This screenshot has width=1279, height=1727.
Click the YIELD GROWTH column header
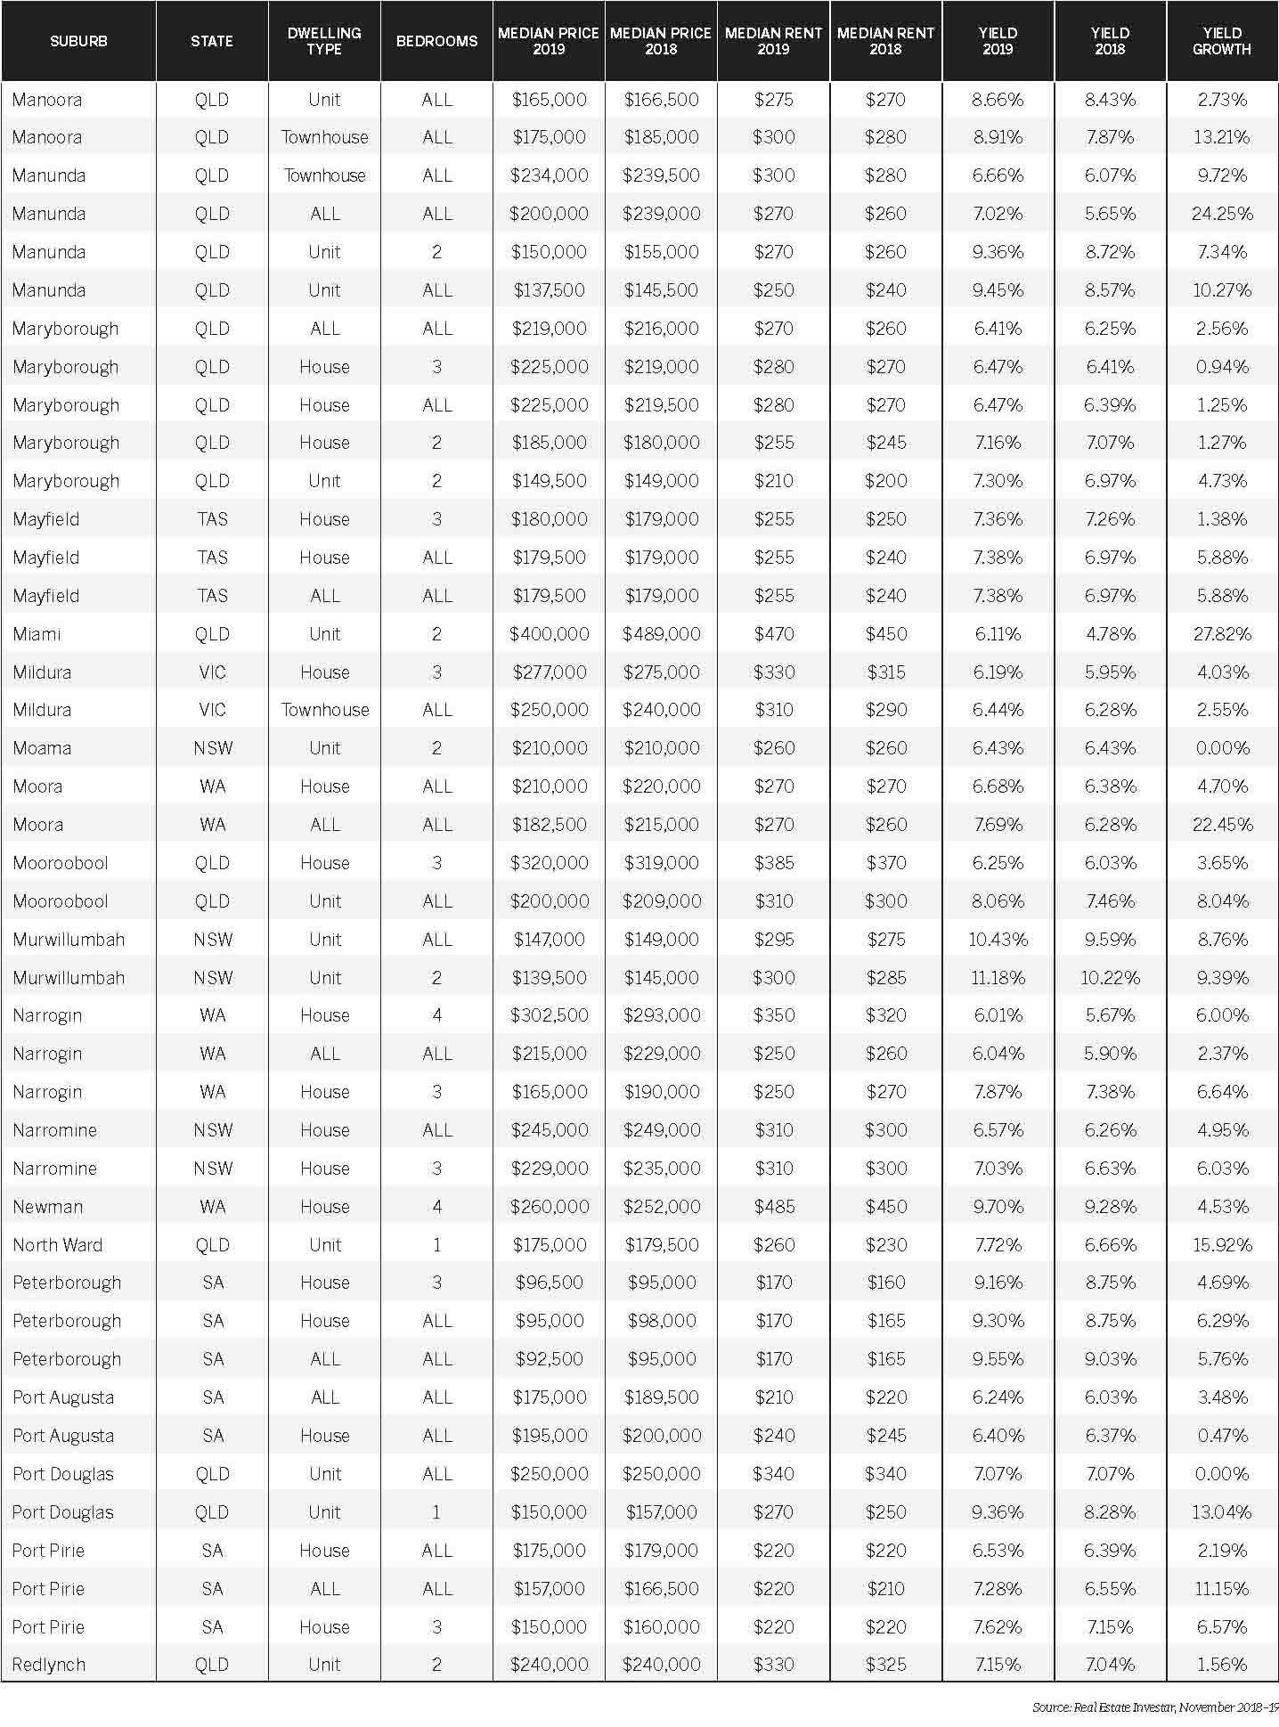pos(1221,41)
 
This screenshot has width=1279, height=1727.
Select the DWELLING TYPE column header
pos(324,41)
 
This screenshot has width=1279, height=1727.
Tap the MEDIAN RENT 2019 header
pos(773,41)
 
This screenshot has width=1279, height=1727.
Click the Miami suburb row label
pos(37,634)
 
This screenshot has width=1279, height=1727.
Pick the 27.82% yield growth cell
pos(1222,634)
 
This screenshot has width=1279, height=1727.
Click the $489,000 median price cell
pos(661,634)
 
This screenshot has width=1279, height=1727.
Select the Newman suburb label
pos(48,1207)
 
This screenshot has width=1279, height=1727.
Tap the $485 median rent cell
pos(773,1207)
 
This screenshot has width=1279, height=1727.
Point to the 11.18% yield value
pos(998,978)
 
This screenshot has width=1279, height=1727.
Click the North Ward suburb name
pos(58,1245)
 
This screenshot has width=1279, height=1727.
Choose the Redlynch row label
pos(49,1665)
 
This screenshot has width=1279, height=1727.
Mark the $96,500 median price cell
pos(550,1283)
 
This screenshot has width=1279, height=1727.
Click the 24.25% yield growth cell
pos(1222,214)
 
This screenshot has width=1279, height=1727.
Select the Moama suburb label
pos(42,748)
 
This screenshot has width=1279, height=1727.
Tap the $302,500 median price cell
pos(549,1015)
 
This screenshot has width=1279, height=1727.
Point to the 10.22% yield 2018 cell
pos(1110,978)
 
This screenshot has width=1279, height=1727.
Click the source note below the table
pos(1154,1707)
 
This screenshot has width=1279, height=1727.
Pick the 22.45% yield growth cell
pos(1222,825)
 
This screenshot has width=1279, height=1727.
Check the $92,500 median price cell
pos(550,1359)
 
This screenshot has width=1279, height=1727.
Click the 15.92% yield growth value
pos(1222,1245)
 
